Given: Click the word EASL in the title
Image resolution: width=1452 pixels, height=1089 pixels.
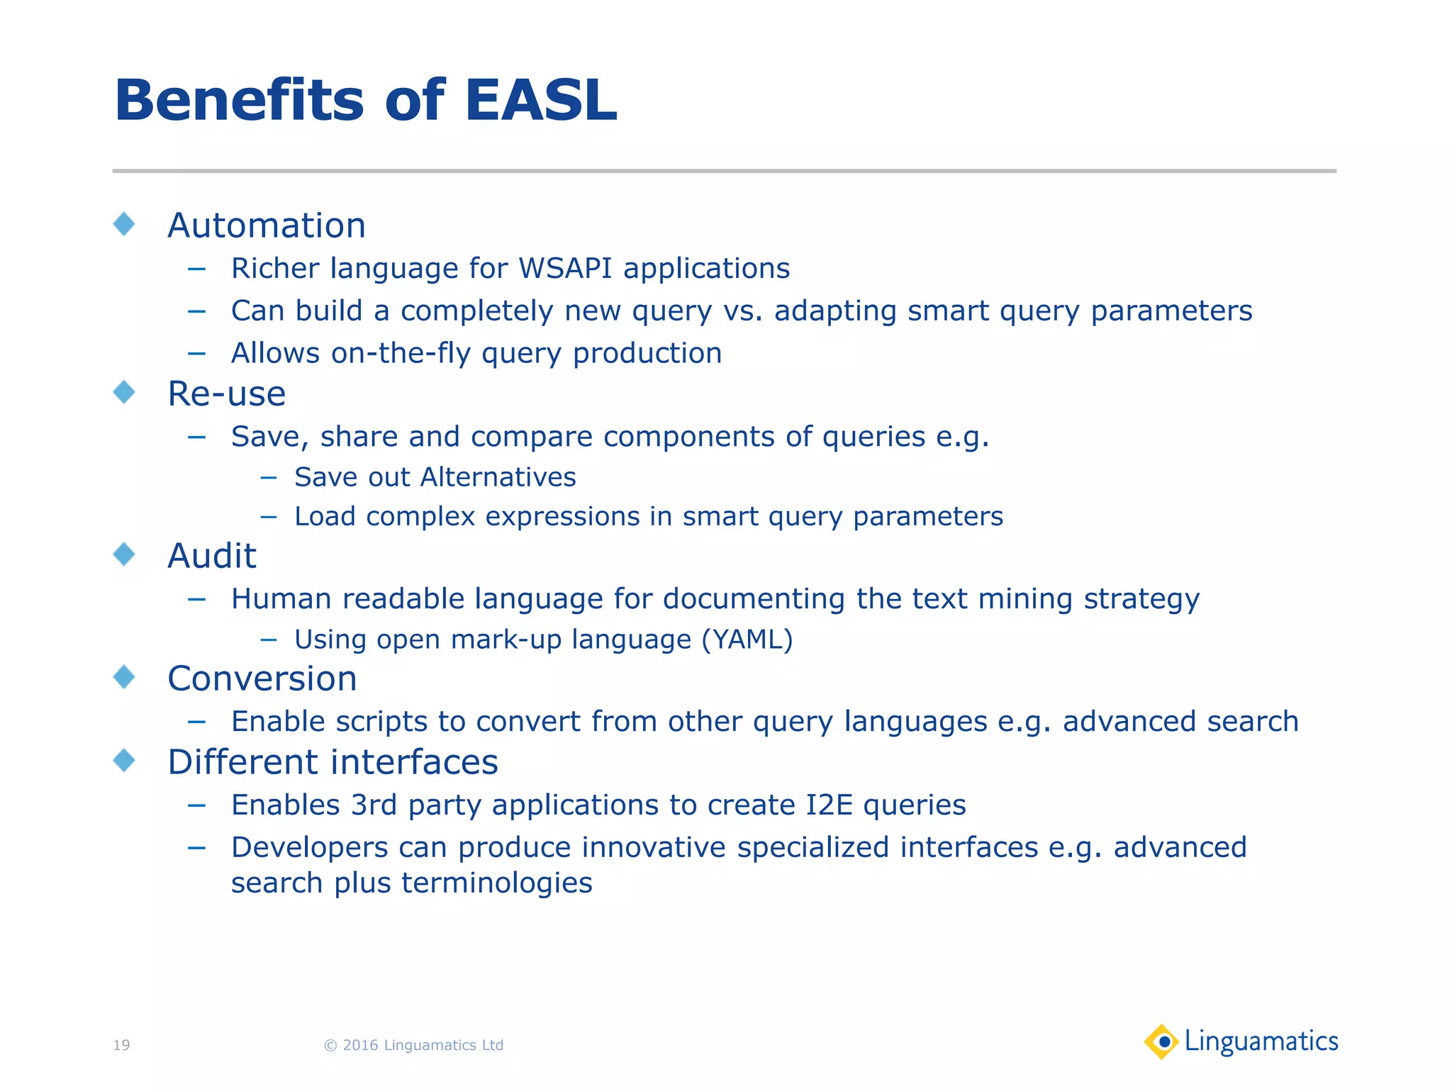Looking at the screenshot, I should [540, 101].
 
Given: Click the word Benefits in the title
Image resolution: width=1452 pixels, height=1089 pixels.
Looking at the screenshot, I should [239, 101].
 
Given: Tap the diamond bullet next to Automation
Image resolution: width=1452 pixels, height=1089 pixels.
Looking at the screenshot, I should [124, 224].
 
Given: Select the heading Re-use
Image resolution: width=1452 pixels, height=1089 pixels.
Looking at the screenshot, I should [226, 393].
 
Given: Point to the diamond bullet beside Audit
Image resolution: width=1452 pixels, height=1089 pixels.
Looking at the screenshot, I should [124, 554].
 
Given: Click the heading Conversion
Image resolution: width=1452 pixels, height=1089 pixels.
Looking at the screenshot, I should [262, 678].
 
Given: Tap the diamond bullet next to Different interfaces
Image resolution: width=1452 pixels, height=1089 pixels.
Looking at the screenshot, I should [124, 761].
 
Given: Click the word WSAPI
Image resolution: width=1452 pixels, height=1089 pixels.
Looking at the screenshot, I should [565, 269].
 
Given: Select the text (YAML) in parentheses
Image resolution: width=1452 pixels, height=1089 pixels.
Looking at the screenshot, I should [747, 640].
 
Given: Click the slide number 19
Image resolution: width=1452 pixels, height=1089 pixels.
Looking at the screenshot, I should [121, 1045].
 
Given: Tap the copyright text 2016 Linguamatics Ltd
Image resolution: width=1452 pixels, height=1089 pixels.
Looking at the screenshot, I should [422, 1045].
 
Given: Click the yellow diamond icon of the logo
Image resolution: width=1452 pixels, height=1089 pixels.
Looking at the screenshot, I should [1161, 1041].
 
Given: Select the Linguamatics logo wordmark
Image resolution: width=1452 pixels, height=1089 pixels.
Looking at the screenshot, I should [1261, 1041].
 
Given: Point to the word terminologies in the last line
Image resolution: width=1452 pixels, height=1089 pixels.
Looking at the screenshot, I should [496, 883].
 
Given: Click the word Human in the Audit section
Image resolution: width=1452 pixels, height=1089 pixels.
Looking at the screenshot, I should [281, 599].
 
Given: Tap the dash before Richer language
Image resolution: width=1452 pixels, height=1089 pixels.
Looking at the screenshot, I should [196, 269].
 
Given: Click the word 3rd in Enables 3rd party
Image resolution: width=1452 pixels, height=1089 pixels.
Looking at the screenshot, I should [374, 805].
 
